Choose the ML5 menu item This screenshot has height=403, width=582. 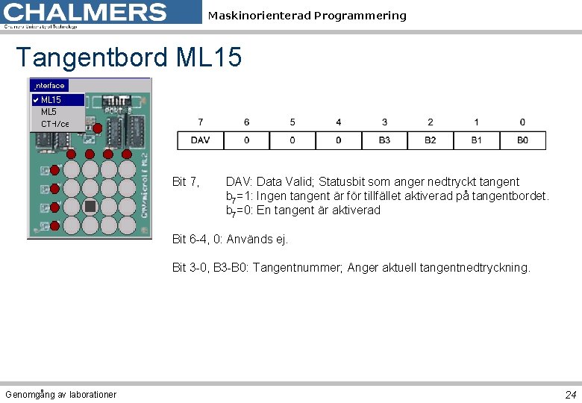pos(48,111)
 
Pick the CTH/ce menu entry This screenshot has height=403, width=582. pos(54,124)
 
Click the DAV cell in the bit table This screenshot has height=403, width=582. pos(200,140)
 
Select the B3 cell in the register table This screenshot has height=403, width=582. pos(384,140)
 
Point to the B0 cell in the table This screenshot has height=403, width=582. pos(522,140)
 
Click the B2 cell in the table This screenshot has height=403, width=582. pos(431,140)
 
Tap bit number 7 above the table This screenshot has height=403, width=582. pos(200,122)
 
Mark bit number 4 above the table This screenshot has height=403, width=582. pos(339,122)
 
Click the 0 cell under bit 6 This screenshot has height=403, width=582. pos(246,140)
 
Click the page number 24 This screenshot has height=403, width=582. pos(570,394)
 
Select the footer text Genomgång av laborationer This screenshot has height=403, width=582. pos(60,394)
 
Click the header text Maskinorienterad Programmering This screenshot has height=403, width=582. pos(307,16)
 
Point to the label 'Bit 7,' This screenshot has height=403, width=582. pos(185,181)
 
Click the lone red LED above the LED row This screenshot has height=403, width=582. pos(98,128)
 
